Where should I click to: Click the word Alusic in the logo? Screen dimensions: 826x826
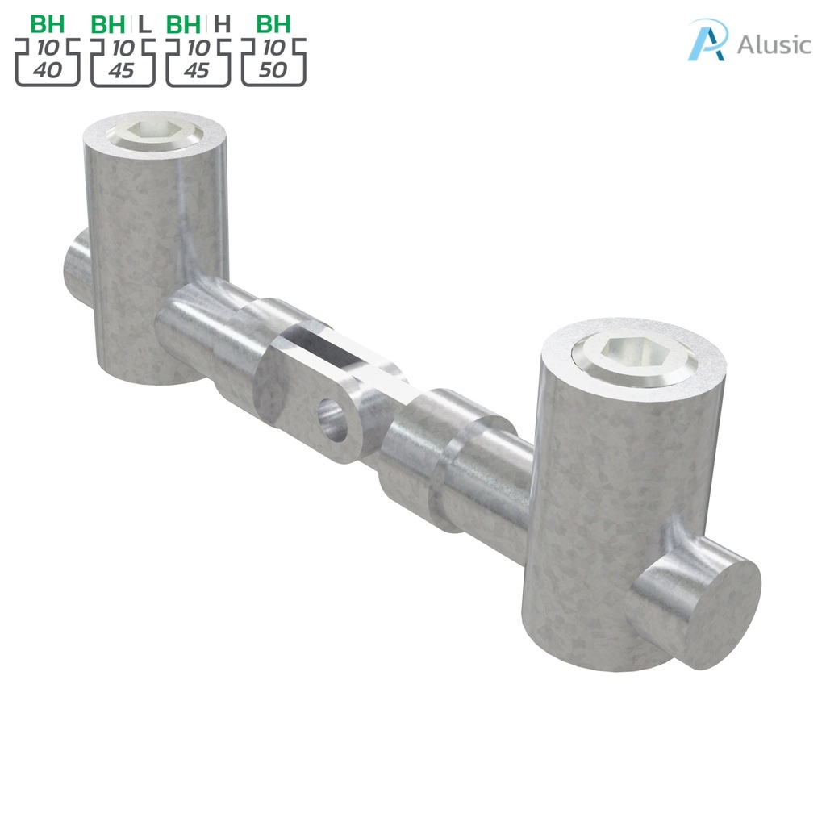pos(774,44)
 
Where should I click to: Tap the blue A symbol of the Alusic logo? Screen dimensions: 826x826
pos(707,40)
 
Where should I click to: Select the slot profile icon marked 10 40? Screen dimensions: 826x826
pos(47,61)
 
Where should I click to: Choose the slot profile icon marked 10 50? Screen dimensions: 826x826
pos(273,61)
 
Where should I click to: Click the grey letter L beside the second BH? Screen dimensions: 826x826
pos(145,24)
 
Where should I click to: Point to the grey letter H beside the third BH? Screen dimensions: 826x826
pos(222,24)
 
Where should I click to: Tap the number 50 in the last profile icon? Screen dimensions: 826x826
pos(274,71)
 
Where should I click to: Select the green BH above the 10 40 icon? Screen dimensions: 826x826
pos(47,24)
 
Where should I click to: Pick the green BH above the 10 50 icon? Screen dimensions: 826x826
pos(273,24)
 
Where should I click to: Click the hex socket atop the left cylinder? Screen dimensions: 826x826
pos(155,130)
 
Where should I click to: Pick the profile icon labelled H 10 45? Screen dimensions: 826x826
pos(198,61)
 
